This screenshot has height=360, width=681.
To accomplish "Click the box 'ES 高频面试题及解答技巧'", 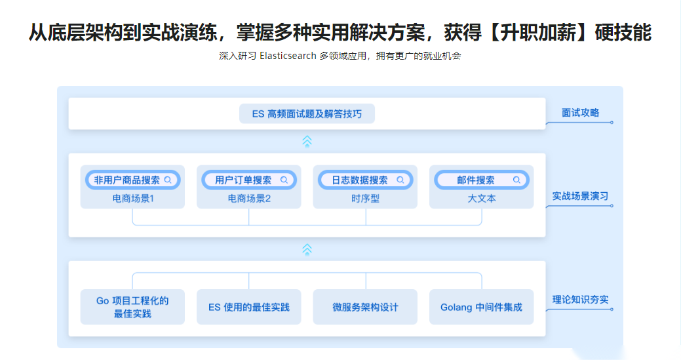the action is click(307, 114).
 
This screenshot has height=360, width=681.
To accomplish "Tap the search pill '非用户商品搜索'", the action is click(133, 180).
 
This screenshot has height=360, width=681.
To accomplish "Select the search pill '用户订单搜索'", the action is click(249, 180).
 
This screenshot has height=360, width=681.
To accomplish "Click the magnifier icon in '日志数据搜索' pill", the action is click(400, 180).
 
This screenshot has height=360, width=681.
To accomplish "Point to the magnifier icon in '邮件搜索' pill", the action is click(516, 180).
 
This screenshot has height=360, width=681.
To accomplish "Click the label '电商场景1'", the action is click(133, 199).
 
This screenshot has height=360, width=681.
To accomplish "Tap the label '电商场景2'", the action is click(249, 199).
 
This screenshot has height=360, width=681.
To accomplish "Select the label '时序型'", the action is click(365, 199).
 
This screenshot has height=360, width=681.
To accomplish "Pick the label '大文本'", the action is click(482, 199).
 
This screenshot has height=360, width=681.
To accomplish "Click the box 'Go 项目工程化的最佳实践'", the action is click(132, 307).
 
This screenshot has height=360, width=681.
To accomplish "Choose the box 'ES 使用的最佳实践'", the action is click(249, 307).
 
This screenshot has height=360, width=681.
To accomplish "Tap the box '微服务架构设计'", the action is click(365, 307).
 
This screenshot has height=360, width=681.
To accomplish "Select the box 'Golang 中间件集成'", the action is click(481, 307).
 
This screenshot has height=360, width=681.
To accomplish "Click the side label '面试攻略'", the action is click(580, 113).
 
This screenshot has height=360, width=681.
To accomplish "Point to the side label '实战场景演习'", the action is click(580, 196).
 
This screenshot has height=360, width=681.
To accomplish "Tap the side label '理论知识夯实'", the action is click(580, 300).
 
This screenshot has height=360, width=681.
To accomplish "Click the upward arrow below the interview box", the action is click(307, 142).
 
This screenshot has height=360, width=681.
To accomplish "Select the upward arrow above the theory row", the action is click(307, 250).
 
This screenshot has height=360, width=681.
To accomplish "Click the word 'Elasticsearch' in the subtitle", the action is click(288, 56).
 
